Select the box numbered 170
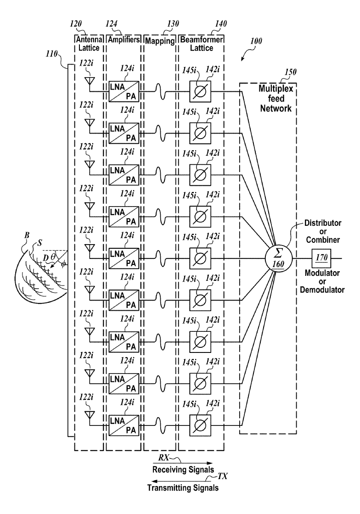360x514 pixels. coord(321,258)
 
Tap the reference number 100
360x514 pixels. coord(256,41)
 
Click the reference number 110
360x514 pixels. coord(52,53)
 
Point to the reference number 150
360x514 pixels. coord(291,72)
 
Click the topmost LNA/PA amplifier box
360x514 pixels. coord(124,91)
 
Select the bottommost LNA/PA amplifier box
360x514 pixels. coord(124,425)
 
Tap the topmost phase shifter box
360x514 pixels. coord(200,91)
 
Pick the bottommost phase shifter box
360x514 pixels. coord(200,425)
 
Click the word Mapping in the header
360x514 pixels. coord(160,41)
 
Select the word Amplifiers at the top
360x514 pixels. coord(124,39)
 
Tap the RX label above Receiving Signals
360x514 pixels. coord(163,458)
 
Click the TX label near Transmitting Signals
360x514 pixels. coord(223,477)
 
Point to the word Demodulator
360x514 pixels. coord(322,290)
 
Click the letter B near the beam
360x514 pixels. coord(27,235)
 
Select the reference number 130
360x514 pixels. coord(173,24)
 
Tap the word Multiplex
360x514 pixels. coord(276,89)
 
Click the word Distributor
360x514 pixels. coord(323,223)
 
